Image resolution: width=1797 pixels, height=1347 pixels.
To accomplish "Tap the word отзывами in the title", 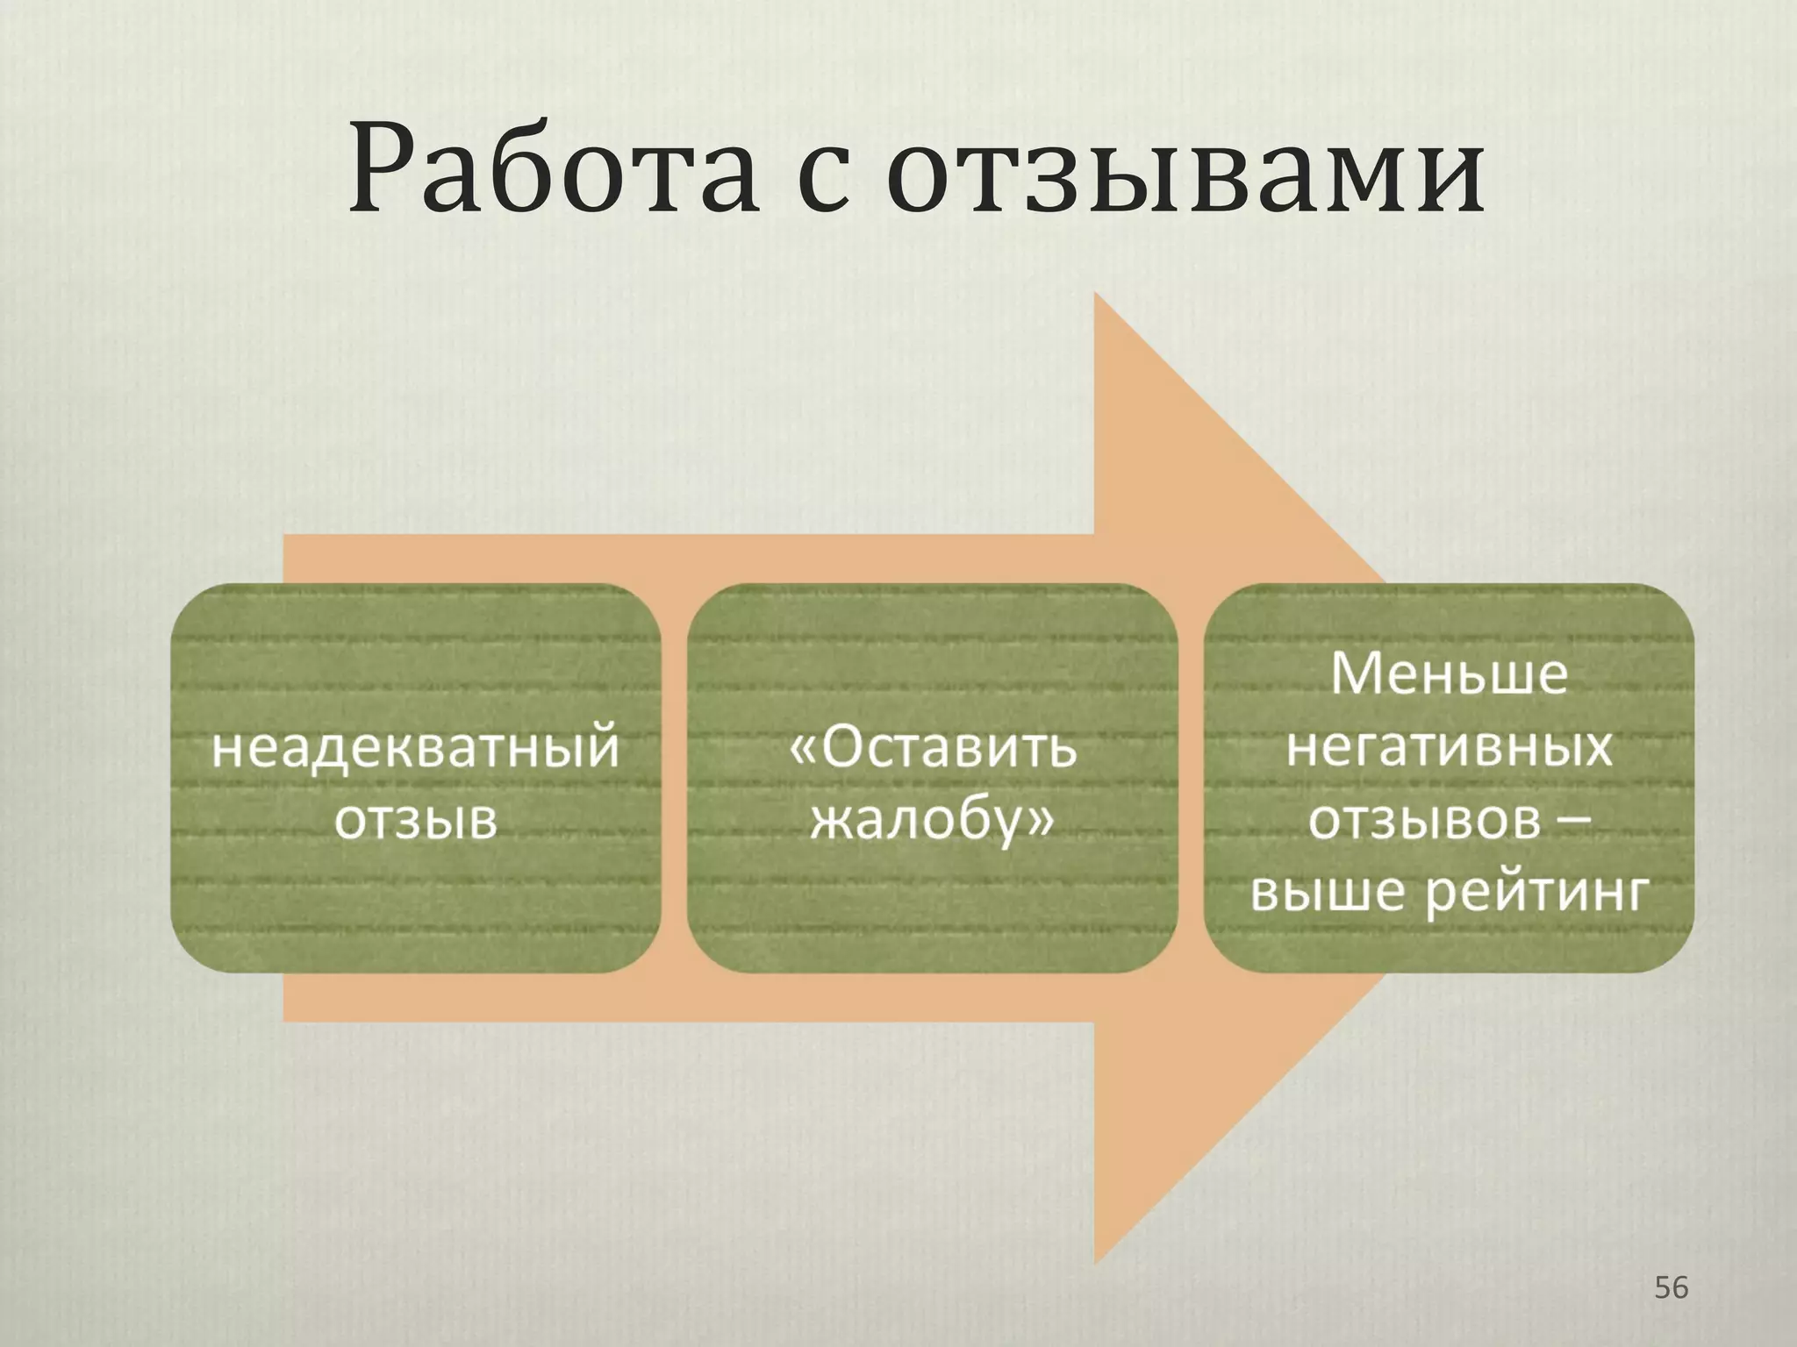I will tap(1185, 171).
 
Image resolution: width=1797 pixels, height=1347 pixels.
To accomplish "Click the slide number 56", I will tap(1671, 1287).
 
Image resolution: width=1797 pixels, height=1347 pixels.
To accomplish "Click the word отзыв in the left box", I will tap(416, 821).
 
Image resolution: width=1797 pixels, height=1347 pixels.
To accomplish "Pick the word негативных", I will tap(1449, 747).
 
